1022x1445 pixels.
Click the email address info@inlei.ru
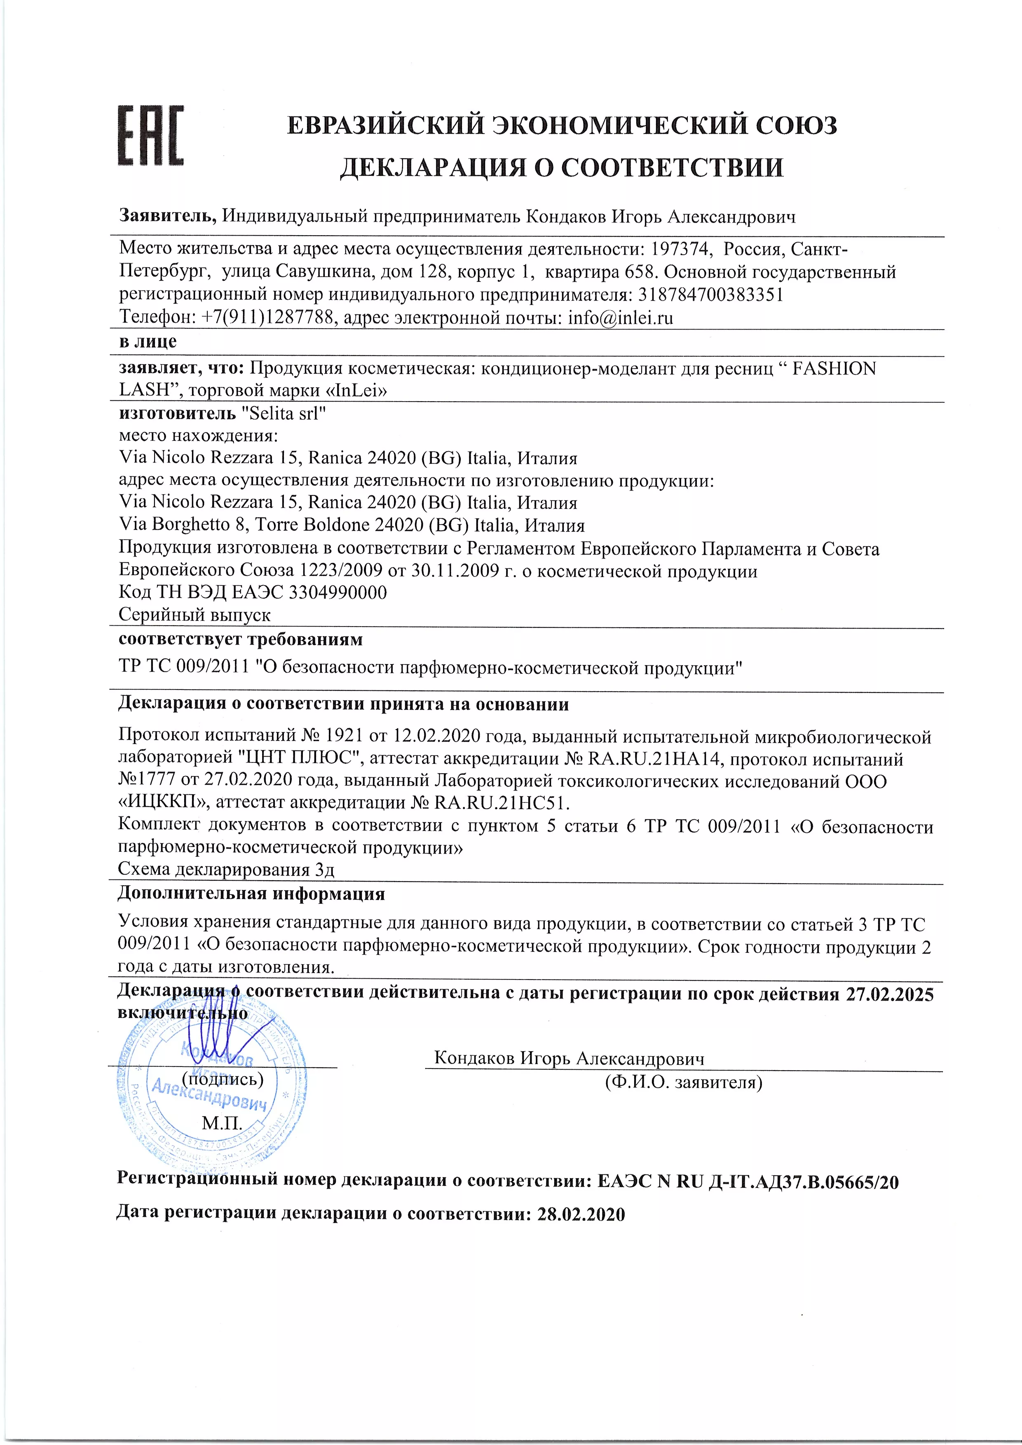(x=620, y=318)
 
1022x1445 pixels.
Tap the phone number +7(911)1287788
(x=267, y=318)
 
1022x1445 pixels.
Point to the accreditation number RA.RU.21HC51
(x=501, y=803)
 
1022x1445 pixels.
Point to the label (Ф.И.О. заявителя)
(x=683, y=1083)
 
